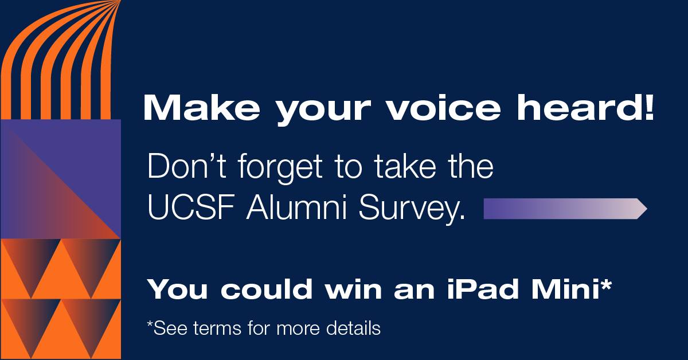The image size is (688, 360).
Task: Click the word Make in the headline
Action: [201, 108]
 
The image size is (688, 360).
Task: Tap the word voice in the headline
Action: [444, 108]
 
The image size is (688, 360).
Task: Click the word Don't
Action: [187, 166]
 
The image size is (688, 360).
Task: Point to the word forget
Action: [280, 169]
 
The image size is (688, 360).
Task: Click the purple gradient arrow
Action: [565, 209]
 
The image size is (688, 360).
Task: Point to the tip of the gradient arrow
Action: [647, 209]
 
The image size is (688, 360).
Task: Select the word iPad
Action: [483, 289]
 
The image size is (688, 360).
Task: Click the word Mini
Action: [566, 289]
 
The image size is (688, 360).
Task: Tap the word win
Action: [354, 289]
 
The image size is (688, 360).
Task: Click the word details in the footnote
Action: [353, 328]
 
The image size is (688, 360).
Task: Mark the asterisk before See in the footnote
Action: [150, 324]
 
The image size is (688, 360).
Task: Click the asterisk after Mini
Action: [605, 284]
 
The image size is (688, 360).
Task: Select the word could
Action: [266, 289]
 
